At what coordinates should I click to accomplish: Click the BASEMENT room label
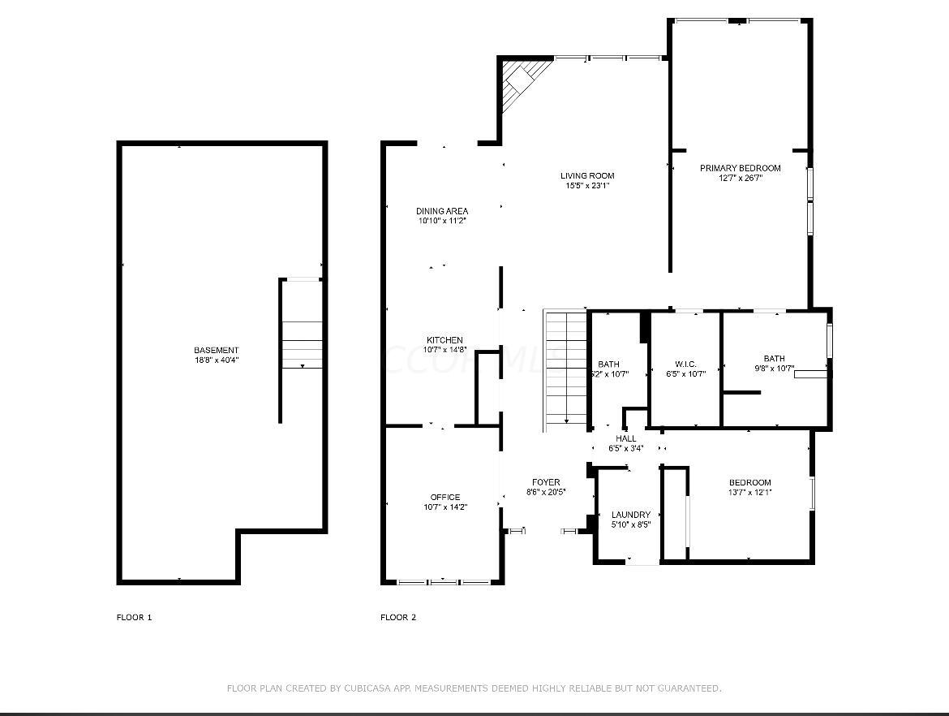pyautogui.click(x=216, y=350)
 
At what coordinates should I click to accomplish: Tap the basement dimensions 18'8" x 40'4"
pyautogui.click(x=216, y=360)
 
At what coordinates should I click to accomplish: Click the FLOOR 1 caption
pyautogui.click(x=134, y=617)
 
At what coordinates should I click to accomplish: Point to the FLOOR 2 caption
pyautogui.click(x=397, y=617)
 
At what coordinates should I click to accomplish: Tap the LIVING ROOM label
pyautogui.click(x=587, y=175)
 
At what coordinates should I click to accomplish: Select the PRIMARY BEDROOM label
pyautogui.click(x=740, y=168)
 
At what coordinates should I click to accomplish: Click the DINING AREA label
pyautogui.click(x=442, y=211)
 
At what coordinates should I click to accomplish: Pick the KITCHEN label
pyautogui.click(x=445, y=340)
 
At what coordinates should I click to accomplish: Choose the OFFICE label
pyautogui.click(x=445, y=497)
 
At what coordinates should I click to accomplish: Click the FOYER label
pyautogui.click(x=546, y=482)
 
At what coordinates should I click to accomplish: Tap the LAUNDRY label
pyautogui.click(x=630, y=515)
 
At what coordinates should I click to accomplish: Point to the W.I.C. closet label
pyautogui.click(x=685, y=364)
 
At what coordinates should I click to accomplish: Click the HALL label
pyautogui.click(x=625, y=438)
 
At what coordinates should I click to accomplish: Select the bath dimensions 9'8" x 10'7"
pyautogui.click(x=774, y=369)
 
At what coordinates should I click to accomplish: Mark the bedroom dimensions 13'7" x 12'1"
pyautogui.click(x=749, y=492)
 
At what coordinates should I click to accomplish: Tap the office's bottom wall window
pyautogui.click(x=443, y=581)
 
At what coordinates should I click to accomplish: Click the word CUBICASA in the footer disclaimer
pyautogui.click(x=371, y=688)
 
